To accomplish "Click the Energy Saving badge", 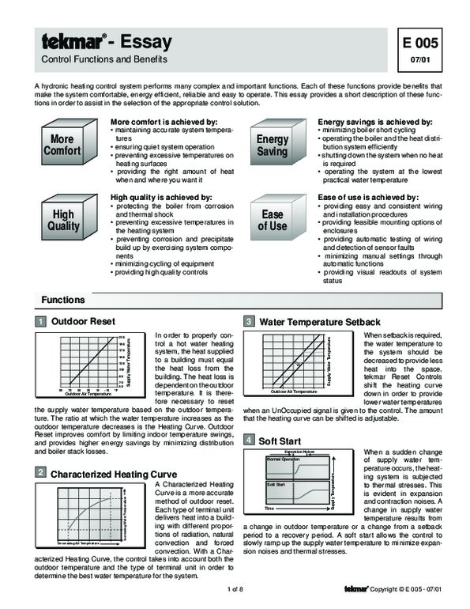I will (273, 145).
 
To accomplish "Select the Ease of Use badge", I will (273, 220).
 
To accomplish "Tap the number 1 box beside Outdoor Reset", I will (40, 322).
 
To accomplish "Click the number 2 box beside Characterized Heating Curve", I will (40, 472).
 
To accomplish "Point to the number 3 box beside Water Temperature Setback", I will (249, 322).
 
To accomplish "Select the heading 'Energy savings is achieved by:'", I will (374, 122).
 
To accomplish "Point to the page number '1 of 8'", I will (235, 589).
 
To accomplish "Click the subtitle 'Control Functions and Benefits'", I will (103, 60).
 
